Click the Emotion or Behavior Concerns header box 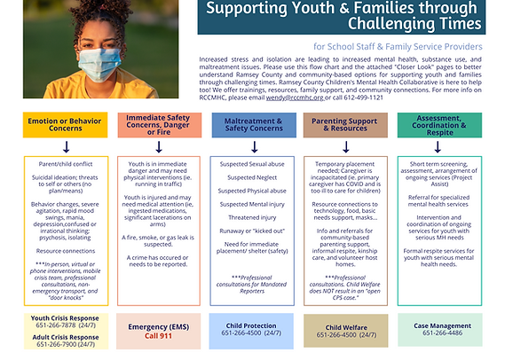click(58, 124)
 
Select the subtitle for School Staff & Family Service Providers click(398, 45)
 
